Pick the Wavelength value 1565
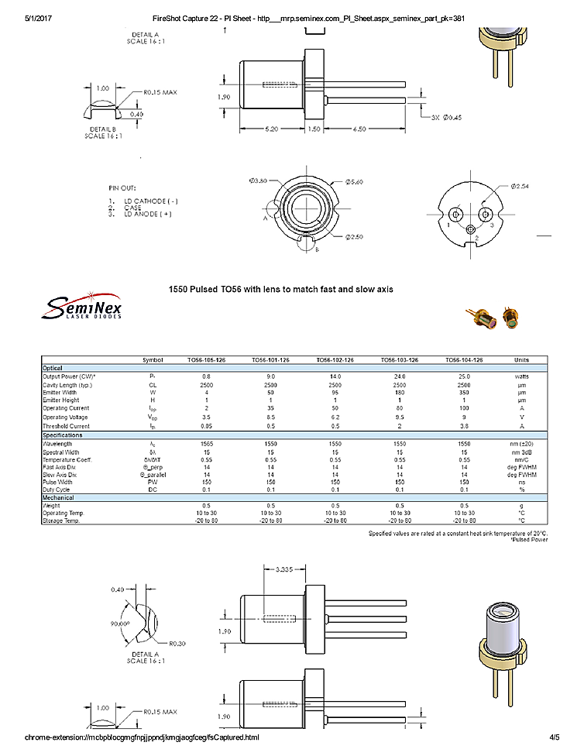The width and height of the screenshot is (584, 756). [x=206, y=443]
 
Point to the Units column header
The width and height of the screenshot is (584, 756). [x=523, y=360]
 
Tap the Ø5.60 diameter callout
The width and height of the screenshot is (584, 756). [x=353, y=181]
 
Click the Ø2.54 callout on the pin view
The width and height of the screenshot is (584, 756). [x=520, y=187]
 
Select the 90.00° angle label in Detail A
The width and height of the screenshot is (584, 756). [x=121, y=622]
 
